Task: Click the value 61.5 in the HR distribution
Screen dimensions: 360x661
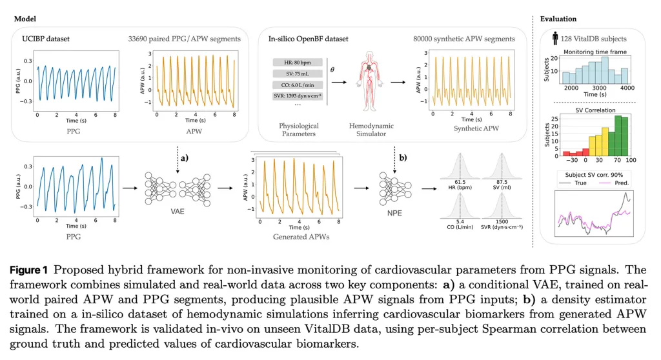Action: click(460, 183)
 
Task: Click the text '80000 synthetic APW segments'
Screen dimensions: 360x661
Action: click(464, 39)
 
